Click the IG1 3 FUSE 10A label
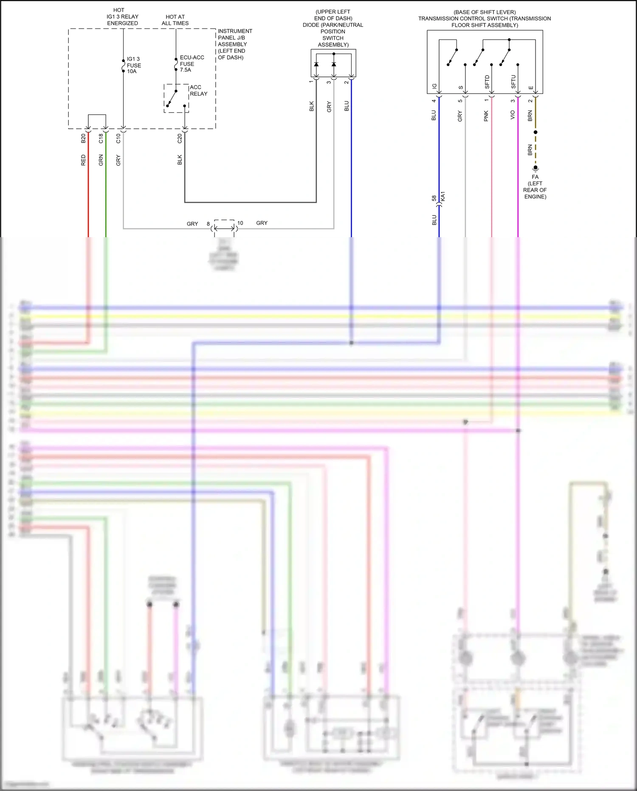click(x=133, y=65)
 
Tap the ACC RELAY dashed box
click(x=176, y=98)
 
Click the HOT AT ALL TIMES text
click(x=175, y=20)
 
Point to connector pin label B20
click(x=83, y=139)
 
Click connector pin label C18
click(x=101, y=139)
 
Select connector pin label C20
click(x=180, y=139)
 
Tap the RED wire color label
click(x=83, y=160)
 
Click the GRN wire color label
click(x=101, y=160)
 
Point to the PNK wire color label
click(x=486, y=116)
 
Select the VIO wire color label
click(x=513, y=115)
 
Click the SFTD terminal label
click(x=487, y=82)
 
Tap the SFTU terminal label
click(x=513, y=82)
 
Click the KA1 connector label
click(x=443, y=197)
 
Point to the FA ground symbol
click(x=536, y=168)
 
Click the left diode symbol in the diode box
click(x=316, y=65)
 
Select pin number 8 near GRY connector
click(x=208, y=224)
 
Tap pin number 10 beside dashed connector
click(x=240, y=223)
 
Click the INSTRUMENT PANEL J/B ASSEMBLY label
click(x=234, y=44)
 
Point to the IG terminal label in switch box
click(x=434, y=86)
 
